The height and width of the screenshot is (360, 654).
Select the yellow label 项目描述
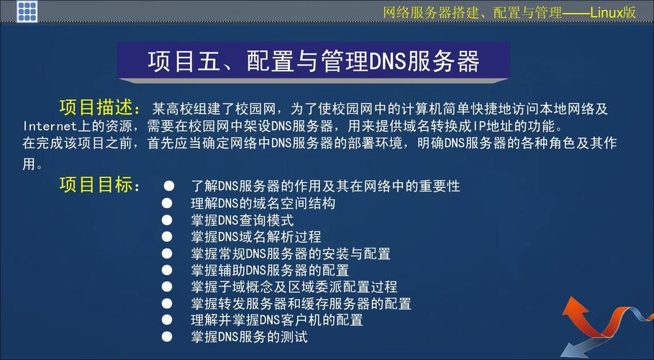tap(100, 108)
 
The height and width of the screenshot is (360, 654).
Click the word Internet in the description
tap(50, 126)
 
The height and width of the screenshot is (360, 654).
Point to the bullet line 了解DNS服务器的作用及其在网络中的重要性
tap(325, 186)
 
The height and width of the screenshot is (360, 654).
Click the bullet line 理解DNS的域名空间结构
tap(263, 203)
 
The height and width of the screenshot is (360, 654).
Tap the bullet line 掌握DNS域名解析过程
tap(255, 236)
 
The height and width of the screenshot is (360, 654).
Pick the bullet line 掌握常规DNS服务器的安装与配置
tap(291, 253)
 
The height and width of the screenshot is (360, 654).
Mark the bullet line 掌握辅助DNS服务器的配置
tap(270, 270)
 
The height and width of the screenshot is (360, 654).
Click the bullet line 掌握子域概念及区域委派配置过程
tap(294, 287)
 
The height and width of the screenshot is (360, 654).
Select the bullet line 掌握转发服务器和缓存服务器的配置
tap(301, 303)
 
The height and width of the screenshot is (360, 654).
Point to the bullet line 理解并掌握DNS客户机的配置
tap(276, 320)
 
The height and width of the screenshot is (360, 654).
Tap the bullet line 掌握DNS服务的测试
tap(249, 336)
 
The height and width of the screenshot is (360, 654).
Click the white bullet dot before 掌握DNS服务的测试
tap(168, 336)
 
